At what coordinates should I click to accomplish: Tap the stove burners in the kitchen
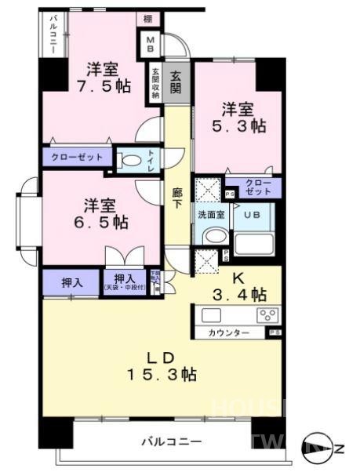coord(267,316)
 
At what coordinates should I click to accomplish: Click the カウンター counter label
coord(229,333)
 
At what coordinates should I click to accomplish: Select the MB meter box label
coord(150,44)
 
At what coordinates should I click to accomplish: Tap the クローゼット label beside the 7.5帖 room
coord(78,158)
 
